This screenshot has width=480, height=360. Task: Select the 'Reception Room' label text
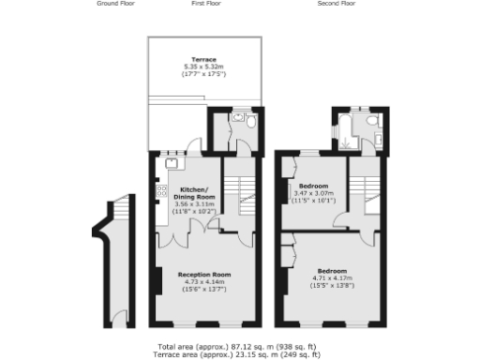(204, 274)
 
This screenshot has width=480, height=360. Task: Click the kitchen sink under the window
(172, 162)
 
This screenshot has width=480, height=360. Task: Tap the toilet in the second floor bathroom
(371, 122)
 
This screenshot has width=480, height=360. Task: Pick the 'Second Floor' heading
(336, 4)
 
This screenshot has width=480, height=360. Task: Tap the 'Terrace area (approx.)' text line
(240, 354)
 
